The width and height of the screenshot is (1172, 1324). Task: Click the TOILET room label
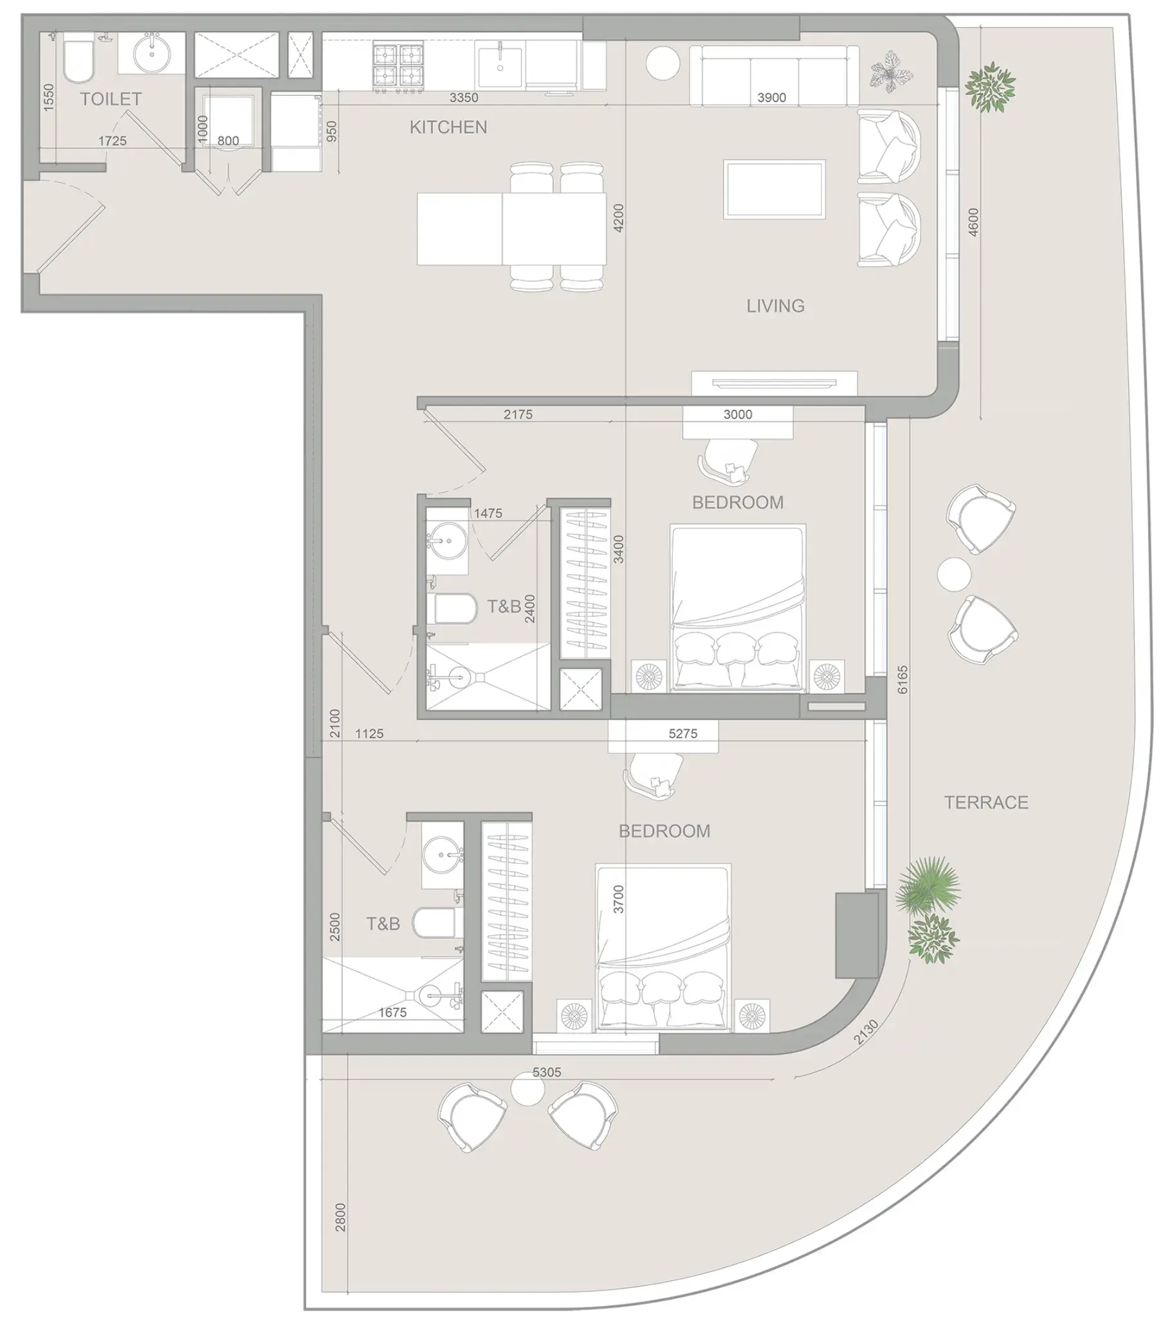pos(111,99)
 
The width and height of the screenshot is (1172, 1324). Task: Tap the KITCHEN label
pos(448,127)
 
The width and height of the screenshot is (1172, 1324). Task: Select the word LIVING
pos(775,306)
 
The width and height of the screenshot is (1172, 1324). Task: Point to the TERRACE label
pos(986,803)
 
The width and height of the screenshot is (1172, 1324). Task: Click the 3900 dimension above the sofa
pos(771,98)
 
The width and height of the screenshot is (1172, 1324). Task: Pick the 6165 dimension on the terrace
pos(903,679)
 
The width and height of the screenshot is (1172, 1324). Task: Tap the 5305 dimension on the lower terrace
pos(547,1072)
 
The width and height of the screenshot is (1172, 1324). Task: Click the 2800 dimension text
pos(341,1217)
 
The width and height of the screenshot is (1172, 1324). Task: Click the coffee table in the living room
pos(774,189)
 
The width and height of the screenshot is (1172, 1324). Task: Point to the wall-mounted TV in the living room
pos(774,383)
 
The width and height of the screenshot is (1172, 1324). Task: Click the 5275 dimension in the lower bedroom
pos(682,733)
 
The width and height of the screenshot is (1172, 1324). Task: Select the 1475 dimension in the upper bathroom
pos(488,513)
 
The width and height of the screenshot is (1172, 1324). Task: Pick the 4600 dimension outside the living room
pos(973,222)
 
